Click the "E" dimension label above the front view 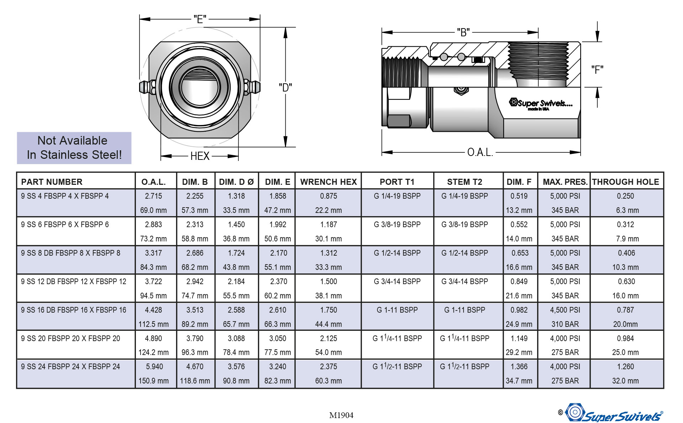pyautogui.click(x=200, y=19)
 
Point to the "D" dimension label pyautogui.click(x=285, y=87)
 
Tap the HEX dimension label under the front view pyautogui.click(x=200, y=156)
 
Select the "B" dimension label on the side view pyautogui.click(x=463, y=32)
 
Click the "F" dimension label pyautogui.click(x=597, y=69)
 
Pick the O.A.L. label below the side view pyautogui.click(x=480, y=152)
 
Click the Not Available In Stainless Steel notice pyautogui.click(x=74, y=148)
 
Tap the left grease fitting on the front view pyautogui.click(x=146, y=87)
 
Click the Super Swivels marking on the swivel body pyautogui.click(x=542, y=104)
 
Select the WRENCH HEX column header pyautogui.click(x=328, y=182)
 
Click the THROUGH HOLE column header pyautogui.click(x=625, y=182)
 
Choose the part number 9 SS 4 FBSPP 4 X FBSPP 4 pyautogui.click(x=65, y=196)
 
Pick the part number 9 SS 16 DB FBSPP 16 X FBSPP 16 pyautogui.click(x=73, y=310)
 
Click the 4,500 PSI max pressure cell pyautogui.click(x=565, y=310)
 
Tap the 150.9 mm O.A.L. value pyautogui.click(x=153, y=381)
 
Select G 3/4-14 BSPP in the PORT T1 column pyautogui.click(x=397, y=282)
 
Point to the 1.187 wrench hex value pyautogui.click(x=328, y=225)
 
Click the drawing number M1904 pyautogui.click(x=341, y=415)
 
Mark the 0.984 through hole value pyautogui.click(x=625, y=338)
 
